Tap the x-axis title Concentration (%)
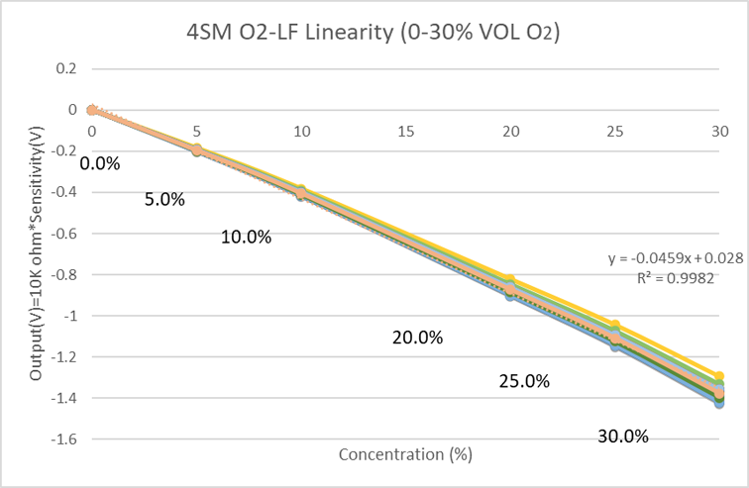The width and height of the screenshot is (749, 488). [x=404, y=454]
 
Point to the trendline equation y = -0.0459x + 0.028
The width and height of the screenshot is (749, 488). [x=676, y=258]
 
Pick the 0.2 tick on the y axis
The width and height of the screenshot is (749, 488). [x=66, y=68]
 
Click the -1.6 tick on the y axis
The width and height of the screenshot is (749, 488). [x=63, y=439]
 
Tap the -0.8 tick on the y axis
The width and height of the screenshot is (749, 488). [x=63, y=274]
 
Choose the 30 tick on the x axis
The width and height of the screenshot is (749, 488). [x=720, y=131]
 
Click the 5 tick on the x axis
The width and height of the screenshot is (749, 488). [x=197, y=131]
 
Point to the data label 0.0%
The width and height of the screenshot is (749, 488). [x=99, y=163]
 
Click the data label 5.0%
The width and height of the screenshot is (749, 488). [x=164, y=199]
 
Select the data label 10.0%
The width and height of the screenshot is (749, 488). [x=246, y=237]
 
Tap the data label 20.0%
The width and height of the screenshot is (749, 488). [x=417, y=338]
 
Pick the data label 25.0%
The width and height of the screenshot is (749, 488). [x=524, y=381]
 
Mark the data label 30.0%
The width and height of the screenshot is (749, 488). [x=623, y=436]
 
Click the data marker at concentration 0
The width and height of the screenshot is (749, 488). [x=91, y=110]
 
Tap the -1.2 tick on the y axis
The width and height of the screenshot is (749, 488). [x=63, y=356]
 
